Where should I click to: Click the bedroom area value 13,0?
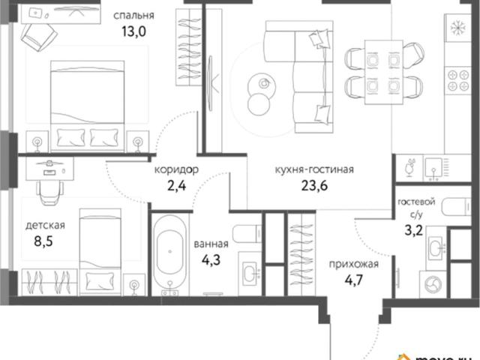(133, 31)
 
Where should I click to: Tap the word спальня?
(133, 15)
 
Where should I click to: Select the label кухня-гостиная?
(314, 169)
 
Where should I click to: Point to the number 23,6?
(314, 185)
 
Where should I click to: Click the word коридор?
(176, 169)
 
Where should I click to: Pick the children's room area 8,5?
(43, 241)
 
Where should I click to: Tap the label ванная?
(211, 244)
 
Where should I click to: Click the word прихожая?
(354, 264)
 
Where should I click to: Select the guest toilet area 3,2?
(413, 230)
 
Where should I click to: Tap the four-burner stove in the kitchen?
(458, 80)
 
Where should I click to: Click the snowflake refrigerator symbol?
(458, 28)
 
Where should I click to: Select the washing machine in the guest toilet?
(433, 283)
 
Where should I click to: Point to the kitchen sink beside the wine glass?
(433, 168)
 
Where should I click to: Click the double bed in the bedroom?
(87, 106)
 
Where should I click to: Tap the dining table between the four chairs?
(383, 72)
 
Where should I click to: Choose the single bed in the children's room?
(100, 252)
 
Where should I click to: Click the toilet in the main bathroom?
(247, 234)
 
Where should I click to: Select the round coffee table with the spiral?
(259, 84)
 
